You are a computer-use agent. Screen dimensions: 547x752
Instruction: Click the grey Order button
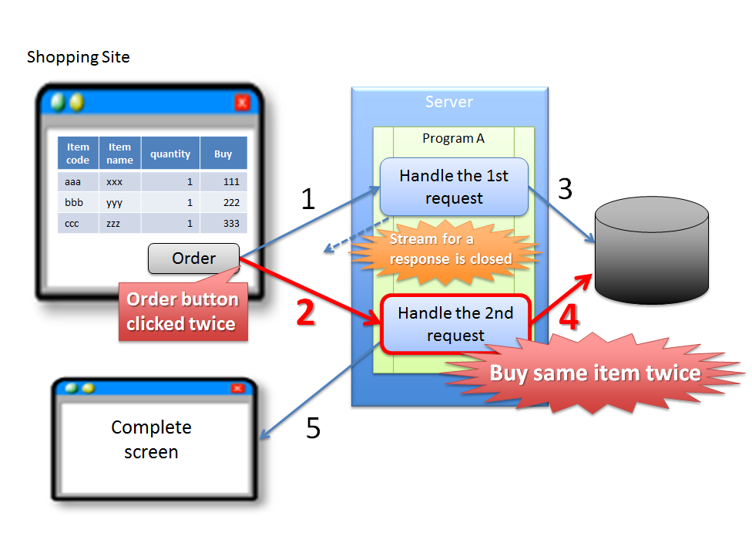coord(193,258)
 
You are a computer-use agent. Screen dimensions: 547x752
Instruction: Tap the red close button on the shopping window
coord(242,102)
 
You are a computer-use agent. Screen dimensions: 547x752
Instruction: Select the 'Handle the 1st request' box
coord(454,187)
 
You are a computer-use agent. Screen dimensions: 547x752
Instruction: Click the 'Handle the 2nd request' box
coord(455,324)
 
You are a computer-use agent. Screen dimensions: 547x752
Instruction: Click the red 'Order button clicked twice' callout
coord(182,311)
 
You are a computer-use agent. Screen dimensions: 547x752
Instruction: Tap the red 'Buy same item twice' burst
coord(595,373)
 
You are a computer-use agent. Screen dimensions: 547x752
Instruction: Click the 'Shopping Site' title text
coord(79,57)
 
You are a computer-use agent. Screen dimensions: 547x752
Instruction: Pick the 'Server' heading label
coord(449,102)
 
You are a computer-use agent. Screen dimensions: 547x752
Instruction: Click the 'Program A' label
coord(453,139)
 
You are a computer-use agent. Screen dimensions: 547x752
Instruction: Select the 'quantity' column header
coord(170,154)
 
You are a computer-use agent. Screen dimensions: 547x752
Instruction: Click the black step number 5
coord(313,429)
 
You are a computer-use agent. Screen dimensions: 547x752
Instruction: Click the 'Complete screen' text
coord(152,440)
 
